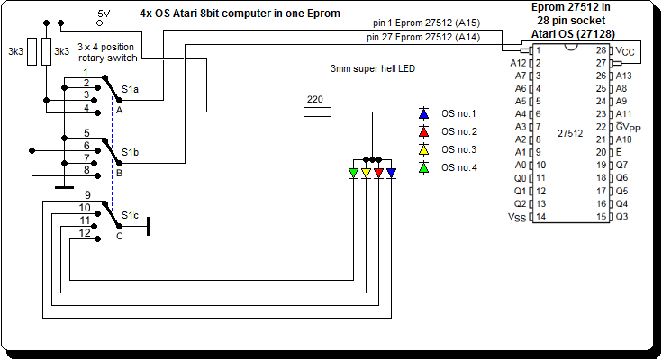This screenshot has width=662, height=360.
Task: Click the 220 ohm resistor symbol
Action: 317,112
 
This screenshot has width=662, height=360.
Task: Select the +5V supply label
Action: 103,13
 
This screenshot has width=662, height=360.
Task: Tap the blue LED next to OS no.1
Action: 423,114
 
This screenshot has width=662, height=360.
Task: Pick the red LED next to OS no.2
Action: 423,132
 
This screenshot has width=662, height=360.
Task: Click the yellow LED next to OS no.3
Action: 423,149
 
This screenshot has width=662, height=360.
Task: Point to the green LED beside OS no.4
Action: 423,167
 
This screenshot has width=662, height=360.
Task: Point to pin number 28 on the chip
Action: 601,51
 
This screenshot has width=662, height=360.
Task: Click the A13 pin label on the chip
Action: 623,76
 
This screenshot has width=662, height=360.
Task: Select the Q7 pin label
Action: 621,166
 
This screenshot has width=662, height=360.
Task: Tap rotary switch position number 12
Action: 85,233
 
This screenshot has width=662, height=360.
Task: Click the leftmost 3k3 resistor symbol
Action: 32,52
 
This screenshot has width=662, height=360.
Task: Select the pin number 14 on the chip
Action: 540,217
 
